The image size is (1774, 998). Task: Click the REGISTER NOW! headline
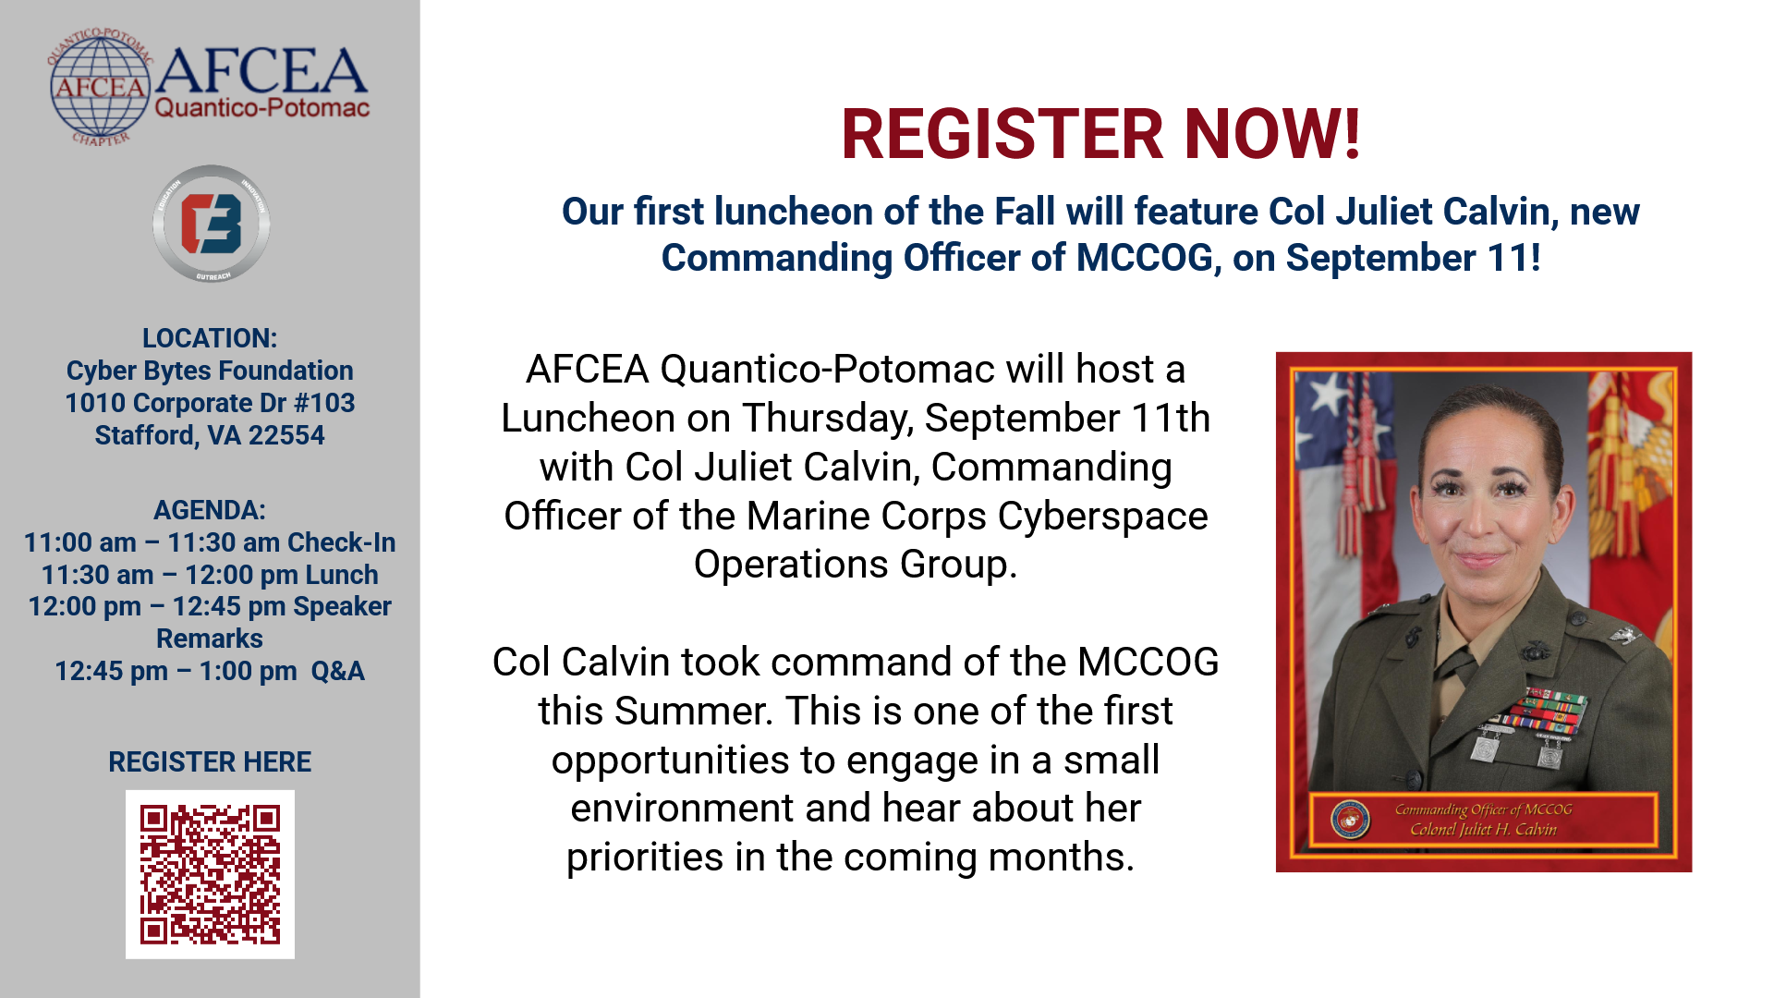[x=1100, y=134]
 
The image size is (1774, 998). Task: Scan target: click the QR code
[x=210, y=874]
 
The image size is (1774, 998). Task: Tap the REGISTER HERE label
[x=210, y=762]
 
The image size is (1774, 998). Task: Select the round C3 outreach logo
[x=212, y=224]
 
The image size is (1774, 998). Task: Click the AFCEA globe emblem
[x=100, y=88]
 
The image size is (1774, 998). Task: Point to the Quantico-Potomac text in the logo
[x=262, y=108]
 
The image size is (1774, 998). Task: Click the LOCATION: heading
[x=210, y=338]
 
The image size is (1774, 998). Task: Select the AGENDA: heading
[x=210, y=510]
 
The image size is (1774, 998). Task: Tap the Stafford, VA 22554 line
[x=210, y=435]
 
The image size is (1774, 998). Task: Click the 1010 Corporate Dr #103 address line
[x=210, y=403]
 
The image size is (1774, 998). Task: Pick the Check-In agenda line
[x=210, y=542]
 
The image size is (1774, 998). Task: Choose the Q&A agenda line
[x=210, y=671]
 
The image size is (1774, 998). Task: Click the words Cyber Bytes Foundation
[x=210, y=371]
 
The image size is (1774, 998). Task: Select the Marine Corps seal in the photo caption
[x=1350, y=820]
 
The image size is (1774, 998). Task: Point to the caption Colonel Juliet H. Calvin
[x=1483, y=830]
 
